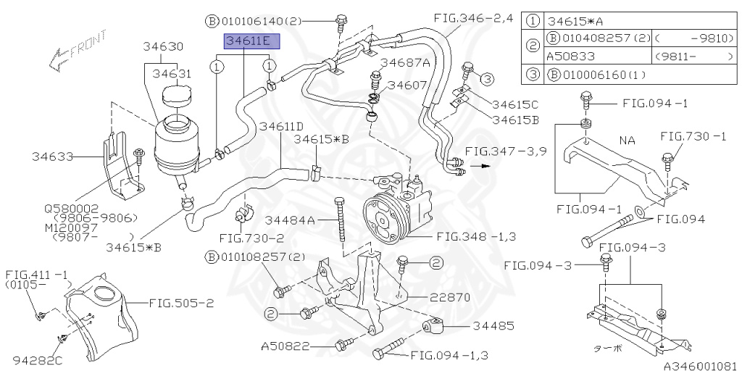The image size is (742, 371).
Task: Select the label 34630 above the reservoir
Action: (x=162, y=46)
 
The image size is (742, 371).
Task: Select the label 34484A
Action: (x=289, y=220)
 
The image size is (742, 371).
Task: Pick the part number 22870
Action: (x=450, y=296)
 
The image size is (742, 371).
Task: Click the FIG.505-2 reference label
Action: (x=181, y=303)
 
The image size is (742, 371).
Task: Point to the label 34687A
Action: (x=405, y=62)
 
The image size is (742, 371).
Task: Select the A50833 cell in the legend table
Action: (x=569, y=55)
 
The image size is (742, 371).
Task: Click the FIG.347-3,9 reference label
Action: (x=506, y=151)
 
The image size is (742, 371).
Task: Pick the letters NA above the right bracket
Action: (x=628, y=139)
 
